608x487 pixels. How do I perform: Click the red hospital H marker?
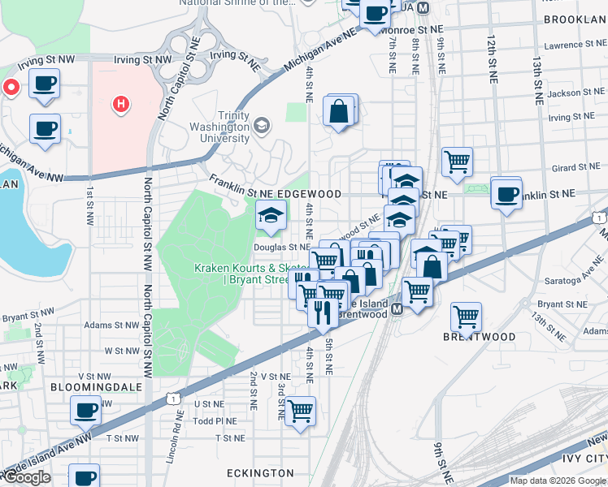coord(121,104)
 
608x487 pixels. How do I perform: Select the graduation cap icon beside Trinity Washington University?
coord(262,126)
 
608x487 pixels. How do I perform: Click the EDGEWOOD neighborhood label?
coord(308,195)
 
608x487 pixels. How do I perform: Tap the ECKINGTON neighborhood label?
coord(261,472)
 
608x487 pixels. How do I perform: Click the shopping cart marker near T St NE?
coord(300,412)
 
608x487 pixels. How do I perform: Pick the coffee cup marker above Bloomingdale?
coord(85,411)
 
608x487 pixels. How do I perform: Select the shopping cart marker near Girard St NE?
coord(458,161)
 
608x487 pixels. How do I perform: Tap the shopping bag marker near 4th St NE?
coord(338,112)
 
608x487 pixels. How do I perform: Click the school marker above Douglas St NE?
coord(271,215)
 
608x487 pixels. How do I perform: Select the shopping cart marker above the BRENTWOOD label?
coord(466,316)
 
